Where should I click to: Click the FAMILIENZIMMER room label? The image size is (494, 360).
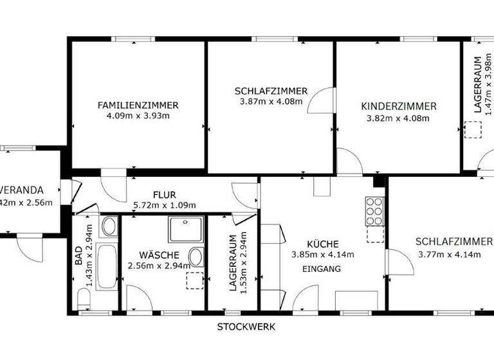138,105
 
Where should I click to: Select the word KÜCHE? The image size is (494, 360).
322,244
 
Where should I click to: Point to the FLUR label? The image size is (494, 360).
164,194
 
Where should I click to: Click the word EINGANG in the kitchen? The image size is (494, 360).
321,269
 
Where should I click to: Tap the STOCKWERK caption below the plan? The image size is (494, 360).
246,327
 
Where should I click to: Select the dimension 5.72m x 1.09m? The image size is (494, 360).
164,205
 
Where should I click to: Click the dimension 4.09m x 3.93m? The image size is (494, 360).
138,116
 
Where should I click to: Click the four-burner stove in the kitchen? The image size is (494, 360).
374,212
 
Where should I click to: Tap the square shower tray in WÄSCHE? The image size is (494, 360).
185,230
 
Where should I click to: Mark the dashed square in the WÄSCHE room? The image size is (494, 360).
194,281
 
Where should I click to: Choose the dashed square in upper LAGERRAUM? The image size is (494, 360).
473,130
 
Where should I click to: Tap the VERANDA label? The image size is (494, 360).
21,190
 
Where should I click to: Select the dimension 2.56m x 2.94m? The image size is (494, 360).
159,265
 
